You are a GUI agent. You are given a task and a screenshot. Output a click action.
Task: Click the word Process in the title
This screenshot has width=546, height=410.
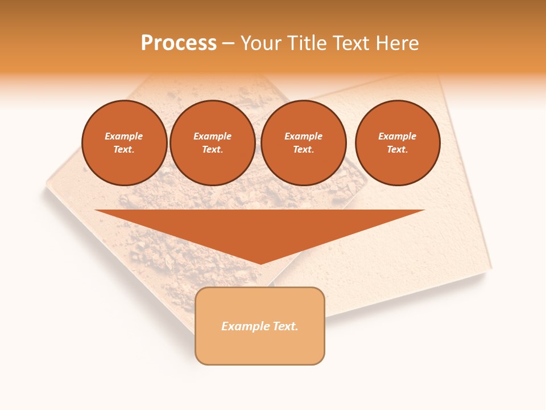coord(179,43)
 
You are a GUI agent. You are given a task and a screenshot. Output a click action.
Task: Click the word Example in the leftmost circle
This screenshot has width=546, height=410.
coord(124,136)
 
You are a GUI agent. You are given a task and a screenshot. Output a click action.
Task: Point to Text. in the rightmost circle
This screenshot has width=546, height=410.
coord(397,149)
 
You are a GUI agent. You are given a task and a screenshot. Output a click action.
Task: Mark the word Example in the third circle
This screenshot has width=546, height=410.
coord(303,136)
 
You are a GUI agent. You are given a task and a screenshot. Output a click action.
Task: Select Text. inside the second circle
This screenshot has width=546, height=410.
coord(212,149)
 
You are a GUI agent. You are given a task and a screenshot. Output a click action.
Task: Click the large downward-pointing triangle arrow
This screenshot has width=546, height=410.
coord(260,228)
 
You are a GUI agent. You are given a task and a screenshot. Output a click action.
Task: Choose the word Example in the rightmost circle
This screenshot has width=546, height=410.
coord(397,136)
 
